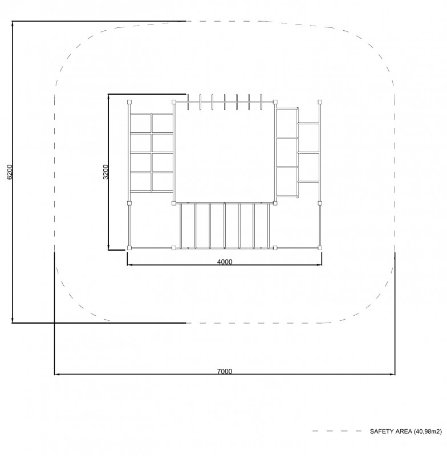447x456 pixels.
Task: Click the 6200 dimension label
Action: pyautogui.click(x=10, y=172)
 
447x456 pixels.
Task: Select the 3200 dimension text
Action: pyautogui.click(x=105, y=172)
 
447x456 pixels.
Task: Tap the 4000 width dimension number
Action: pyautogui.click(x=225, y=262)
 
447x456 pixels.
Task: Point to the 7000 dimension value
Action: pyautogui.click(x=225, y=372)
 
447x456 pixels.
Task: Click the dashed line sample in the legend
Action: pyautogui.click(x=337, y=431)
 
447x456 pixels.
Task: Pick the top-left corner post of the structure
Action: pyautogui.click(x=129, y=102)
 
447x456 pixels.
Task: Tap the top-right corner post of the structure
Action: pyautogui.click(x=320, y=102)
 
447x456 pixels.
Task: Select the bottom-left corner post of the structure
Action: pyautogui.click(x=129, y=248)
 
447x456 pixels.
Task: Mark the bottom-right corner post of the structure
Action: pyautogui.click(x=320, y=248)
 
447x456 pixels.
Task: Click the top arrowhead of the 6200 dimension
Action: pyautogui.click(x=12, y=25)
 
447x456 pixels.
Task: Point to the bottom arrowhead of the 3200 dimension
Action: pyautogui.click(x=108, y=246)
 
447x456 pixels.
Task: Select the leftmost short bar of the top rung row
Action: pyautogui.click(x=188, y=102)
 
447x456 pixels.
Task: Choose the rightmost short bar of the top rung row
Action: pyautogui.click(x=261, y=102)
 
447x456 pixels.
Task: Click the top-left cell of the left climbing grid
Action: pyautogui.click(x=140, y=124)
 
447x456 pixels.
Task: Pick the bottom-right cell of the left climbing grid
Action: pyautogui.click(x=162, y=182)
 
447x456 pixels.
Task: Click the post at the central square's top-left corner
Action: pyautogui.click(x=174, y=102)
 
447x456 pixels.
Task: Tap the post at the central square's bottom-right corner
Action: pyautogui.click(x=275, y=203)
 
